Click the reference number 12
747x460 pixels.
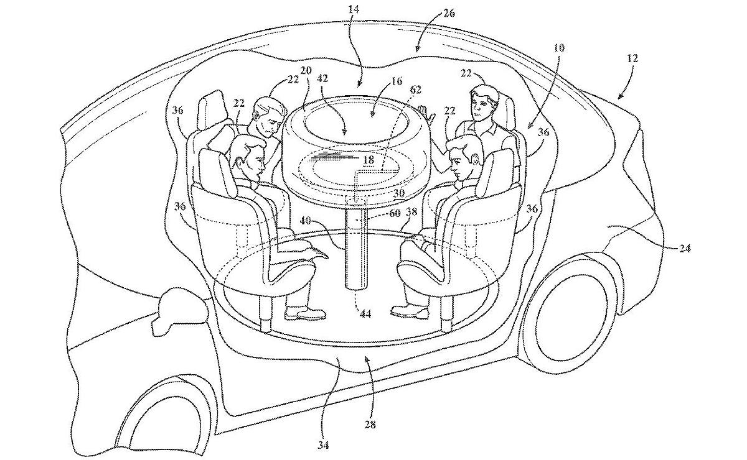[x=633, y=59]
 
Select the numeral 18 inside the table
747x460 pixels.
[x=369, y=160]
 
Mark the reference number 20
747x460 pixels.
[x=306, y=71]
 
